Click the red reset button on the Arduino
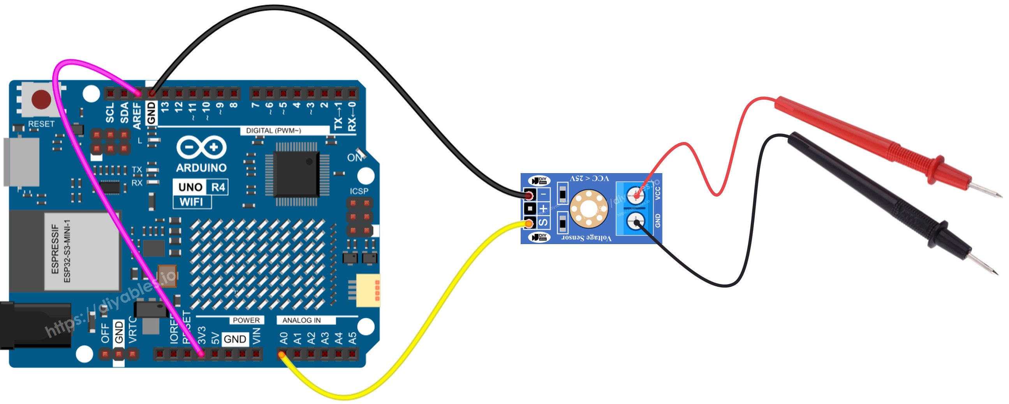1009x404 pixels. pos(41,99)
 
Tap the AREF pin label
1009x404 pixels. pos(137,116)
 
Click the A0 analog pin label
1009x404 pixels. pos(284,338)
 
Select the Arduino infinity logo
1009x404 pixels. pos(201,148)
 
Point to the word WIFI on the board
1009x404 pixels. pos(191,202)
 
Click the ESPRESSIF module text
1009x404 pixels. pos(55,249)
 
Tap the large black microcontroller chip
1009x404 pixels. pos(296,174)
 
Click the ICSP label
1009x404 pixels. pos(359,191)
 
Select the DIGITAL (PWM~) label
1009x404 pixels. pos(273,131)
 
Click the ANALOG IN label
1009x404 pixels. pos(301,320)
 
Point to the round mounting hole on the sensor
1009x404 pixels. pos(588,209)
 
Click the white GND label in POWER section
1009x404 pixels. pos(234,339)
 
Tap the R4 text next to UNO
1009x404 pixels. pos(218,187)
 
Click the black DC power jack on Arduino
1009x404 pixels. pos(35,325)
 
